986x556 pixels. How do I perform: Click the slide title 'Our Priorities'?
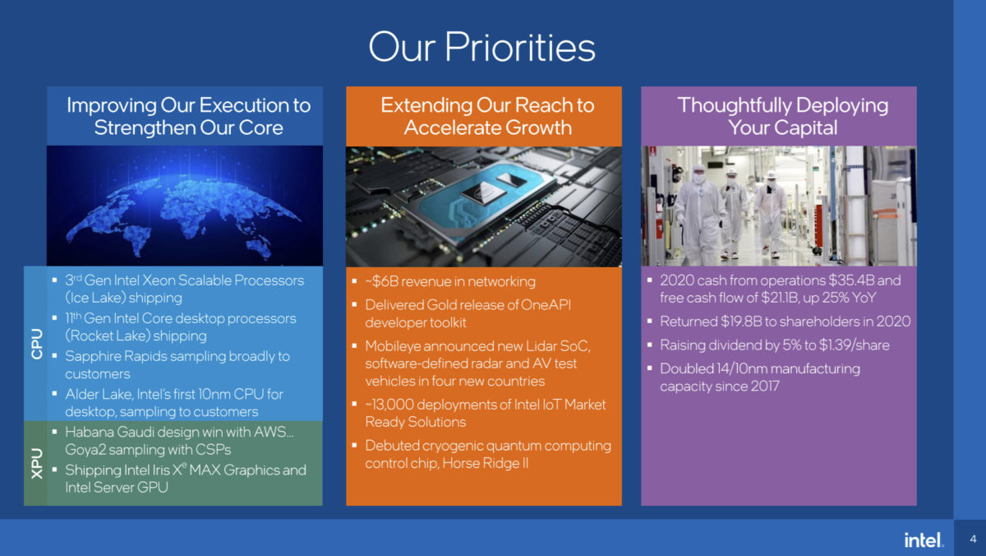(481, 47)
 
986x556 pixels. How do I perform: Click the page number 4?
(973, 540)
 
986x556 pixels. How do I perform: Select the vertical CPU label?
(37, 343)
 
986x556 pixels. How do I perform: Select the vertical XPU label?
(37, 463)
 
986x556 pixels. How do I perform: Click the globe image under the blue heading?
(184, 205)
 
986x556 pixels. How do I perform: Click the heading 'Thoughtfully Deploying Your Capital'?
(782, 116)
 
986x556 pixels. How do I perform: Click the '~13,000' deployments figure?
(394, 404)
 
